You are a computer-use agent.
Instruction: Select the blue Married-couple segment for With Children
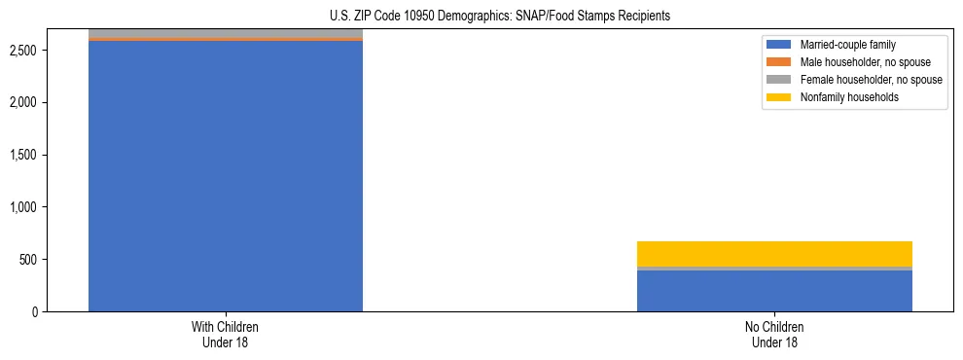226,175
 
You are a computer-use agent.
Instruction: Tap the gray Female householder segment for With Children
226,34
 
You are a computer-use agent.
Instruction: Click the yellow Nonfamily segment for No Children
774,253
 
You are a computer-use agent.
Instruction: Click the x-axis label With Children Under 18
226,334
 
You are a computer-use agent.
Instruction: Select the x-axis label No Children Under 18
774,334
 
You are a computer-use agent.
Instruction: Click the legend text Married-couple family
847,45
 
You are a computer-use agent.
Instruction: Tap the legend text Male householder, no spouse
860,62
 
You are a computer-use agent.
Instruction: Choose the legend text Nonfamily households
843,97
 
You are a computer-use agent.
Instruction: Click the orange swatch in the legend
779,62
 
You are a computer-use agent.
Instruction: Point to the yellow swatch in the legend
779,97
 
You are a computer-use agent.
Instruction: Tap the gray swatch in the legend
779,80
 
